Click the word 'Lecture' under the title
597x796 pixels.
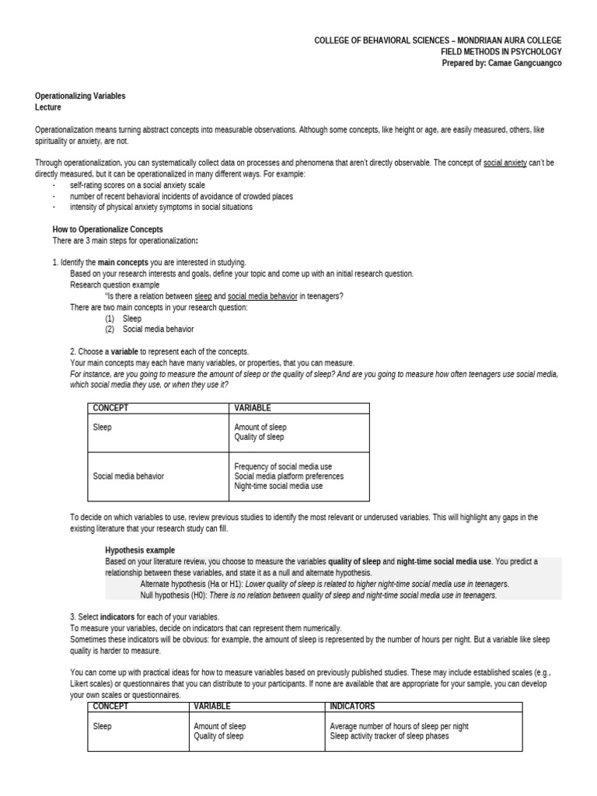click(x=48, y=107)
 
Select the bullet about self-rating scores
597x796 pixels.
click(x=137, y=186)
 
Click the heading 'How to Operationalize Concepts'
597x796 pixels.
click(x=107, y=229)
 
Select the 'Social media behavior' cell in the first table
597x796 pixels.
click(x=128, y=476)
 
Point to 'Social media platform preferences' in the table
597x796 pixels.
click(x=288, y=476)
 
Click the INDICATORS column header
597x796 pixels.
click(x=352, y=706)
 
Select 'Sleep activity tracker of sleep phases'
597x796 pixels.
click(x=389, y=735)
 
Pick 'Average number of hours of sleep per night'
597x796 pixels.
click(x=399, y=726)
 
